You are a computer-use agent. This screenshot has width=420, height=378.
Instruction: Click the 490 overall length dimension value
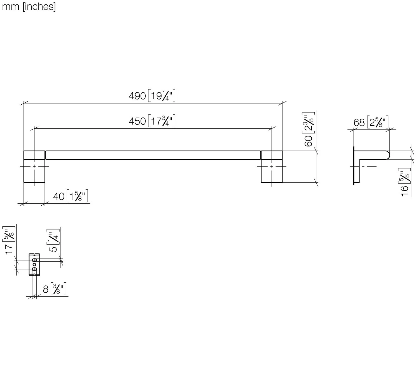point(137,96)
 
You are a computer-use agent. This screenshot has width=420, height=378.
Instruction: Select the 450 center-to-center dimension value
point(137,121)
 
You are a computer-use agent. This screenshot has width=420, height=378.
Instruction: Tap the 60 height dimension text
point(308,141)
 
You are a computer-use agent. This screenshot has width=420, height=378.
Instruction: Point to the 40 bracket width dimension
point(59,196)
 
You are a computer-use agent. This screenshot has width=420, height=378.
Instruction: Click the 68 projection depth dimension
point(359,123)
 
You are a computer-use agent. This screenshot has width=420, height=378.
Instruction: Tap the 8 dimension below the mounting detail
point(46,289)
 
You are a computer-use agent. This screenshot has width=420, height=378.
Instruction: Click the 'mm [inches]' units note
point(29,6)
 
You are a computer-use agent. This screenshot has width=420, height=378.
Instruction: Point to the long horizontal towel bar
point(153,155)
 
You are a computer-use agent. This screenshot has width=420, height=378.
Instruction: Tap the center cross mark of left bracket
point(34,166)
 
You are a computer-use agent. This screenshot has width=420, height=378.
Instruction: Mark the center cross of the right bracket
point(272,166)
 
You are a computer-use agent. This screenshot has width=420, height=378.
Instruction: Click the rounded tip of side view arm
point(388,155)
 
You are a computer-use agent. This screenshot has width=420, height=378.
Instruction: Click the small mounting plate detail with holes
point(34,264)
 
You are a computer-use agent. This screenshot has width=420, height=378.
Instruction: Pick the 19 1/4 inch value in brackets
point(162,96)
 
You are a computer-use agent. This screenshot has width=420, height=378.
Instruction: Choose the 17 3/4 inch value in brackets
point(162,121)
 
